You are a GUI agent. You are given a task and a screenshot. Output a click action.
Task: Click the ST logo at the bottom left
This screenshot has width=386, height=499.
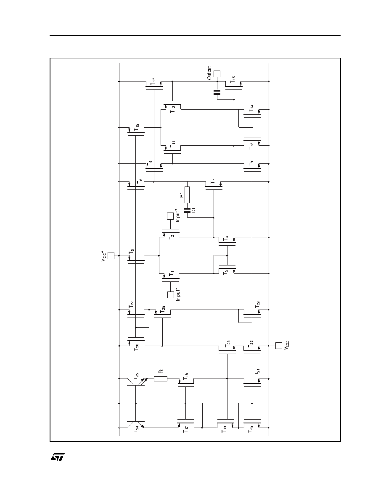(x=58, y=457)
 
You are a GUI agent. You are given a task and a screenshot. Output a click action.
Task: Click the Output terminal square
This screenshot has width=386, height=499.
(x=217, y=74)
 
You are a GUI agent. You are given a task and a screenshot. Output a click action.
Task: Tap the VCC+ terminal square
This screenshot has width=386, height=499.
(x=111, y=255)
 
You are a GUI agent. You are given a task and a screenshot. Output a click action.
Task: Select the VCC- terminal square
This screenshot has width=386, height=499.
(x=279, y=345)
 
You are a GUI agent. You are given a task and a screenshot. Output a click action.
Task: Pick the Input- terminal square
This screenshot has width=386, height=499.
(x=171, y=295)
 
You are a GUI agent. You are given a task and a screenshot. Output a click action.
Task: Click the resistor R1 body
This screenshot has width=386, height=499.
(x=187, y=195)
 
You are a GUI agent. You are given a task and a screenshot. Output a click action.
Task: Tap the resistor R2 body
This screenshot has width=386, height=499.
(x=161, y=378)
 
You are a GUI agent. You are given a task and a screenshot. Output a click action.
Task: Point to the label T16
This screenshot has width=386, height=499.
(x=233, y=79)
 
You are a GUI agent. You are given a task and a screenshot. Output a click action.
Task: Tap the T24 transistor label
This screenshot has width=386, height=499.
(x=136, y=430)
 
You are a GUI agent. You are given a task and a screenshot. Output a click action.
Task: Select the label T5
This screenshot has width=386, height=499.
(x=131, y=253)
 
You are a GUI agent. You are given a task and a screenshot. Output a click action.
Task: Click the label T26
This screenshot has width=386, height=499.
(x=136, y=347)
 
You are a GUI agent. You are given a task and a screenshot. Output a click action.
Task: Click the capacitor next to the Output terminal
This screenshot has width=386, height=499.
(x=217, y=92)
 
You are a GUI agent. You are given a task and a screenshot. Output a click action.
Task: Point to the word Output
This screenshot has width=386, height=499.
(x=209, y=73)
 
